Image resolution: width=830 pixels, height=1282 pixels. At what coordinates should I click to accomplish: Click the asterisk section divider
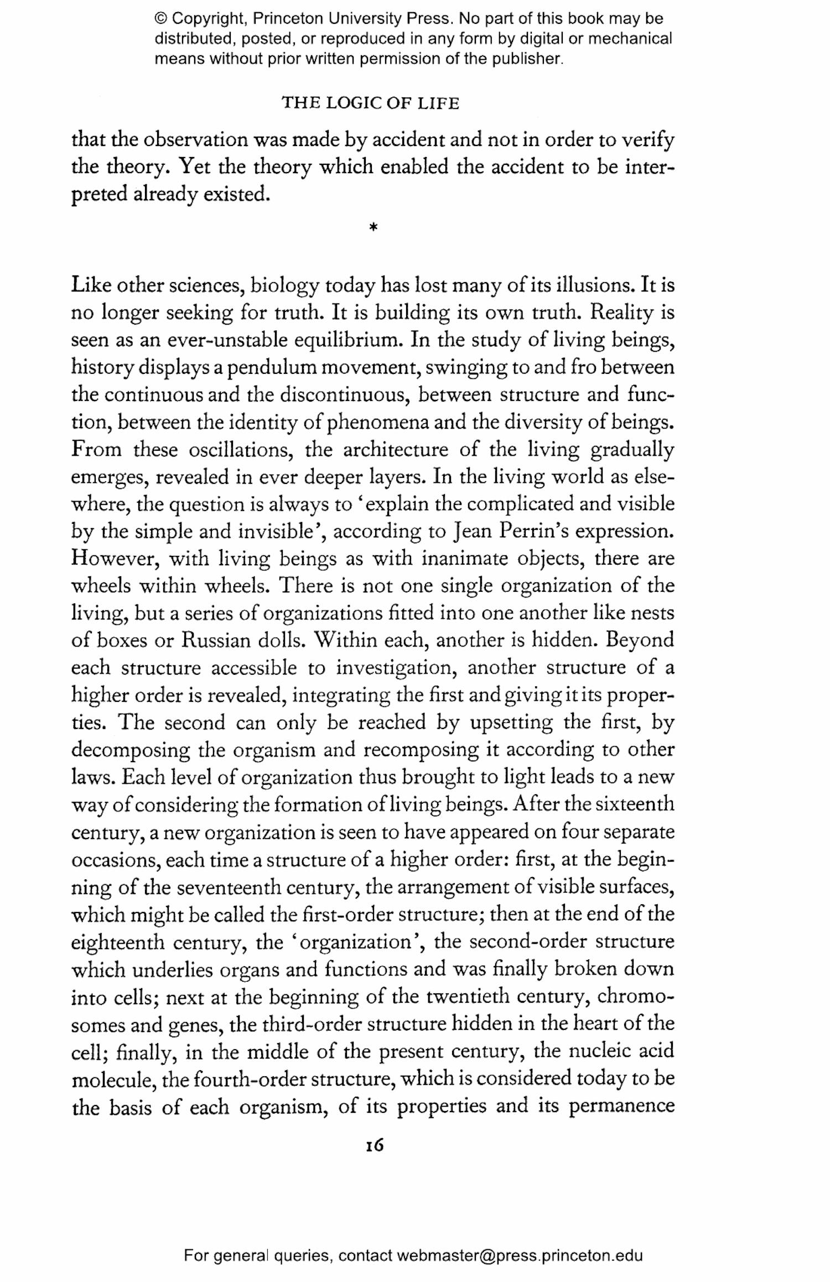point(373,227)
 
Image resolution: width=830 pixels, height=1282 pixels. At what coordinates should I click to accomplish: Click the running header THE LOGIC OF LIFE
point(371,103)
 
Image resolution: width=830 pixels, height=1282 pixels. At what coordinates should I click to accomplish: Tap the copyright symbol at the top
point(161,19)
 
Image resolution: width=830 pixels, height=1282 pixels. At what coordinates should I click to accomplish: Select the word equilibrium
point(346,340)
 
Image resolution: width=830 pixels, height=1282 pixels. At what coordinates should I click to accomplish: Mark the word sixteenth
point(635,805)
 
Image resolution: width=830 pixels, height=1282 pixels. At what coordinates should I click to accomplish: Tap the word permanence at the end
point(621,1106)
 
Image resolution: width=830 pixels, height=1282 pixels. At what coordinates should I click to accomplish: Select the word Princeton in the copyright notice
point(288,19)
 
